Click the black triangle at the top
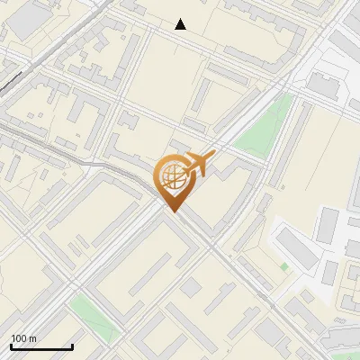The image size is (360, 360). point(181,24)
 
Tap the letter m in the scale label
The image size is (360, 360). point(33,338)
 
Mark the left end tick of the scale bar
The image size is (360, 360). point(11,346)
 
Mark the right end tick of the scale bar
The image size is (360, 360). point(72,346)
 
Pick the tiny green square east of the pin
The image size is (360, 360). point(284,266)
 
